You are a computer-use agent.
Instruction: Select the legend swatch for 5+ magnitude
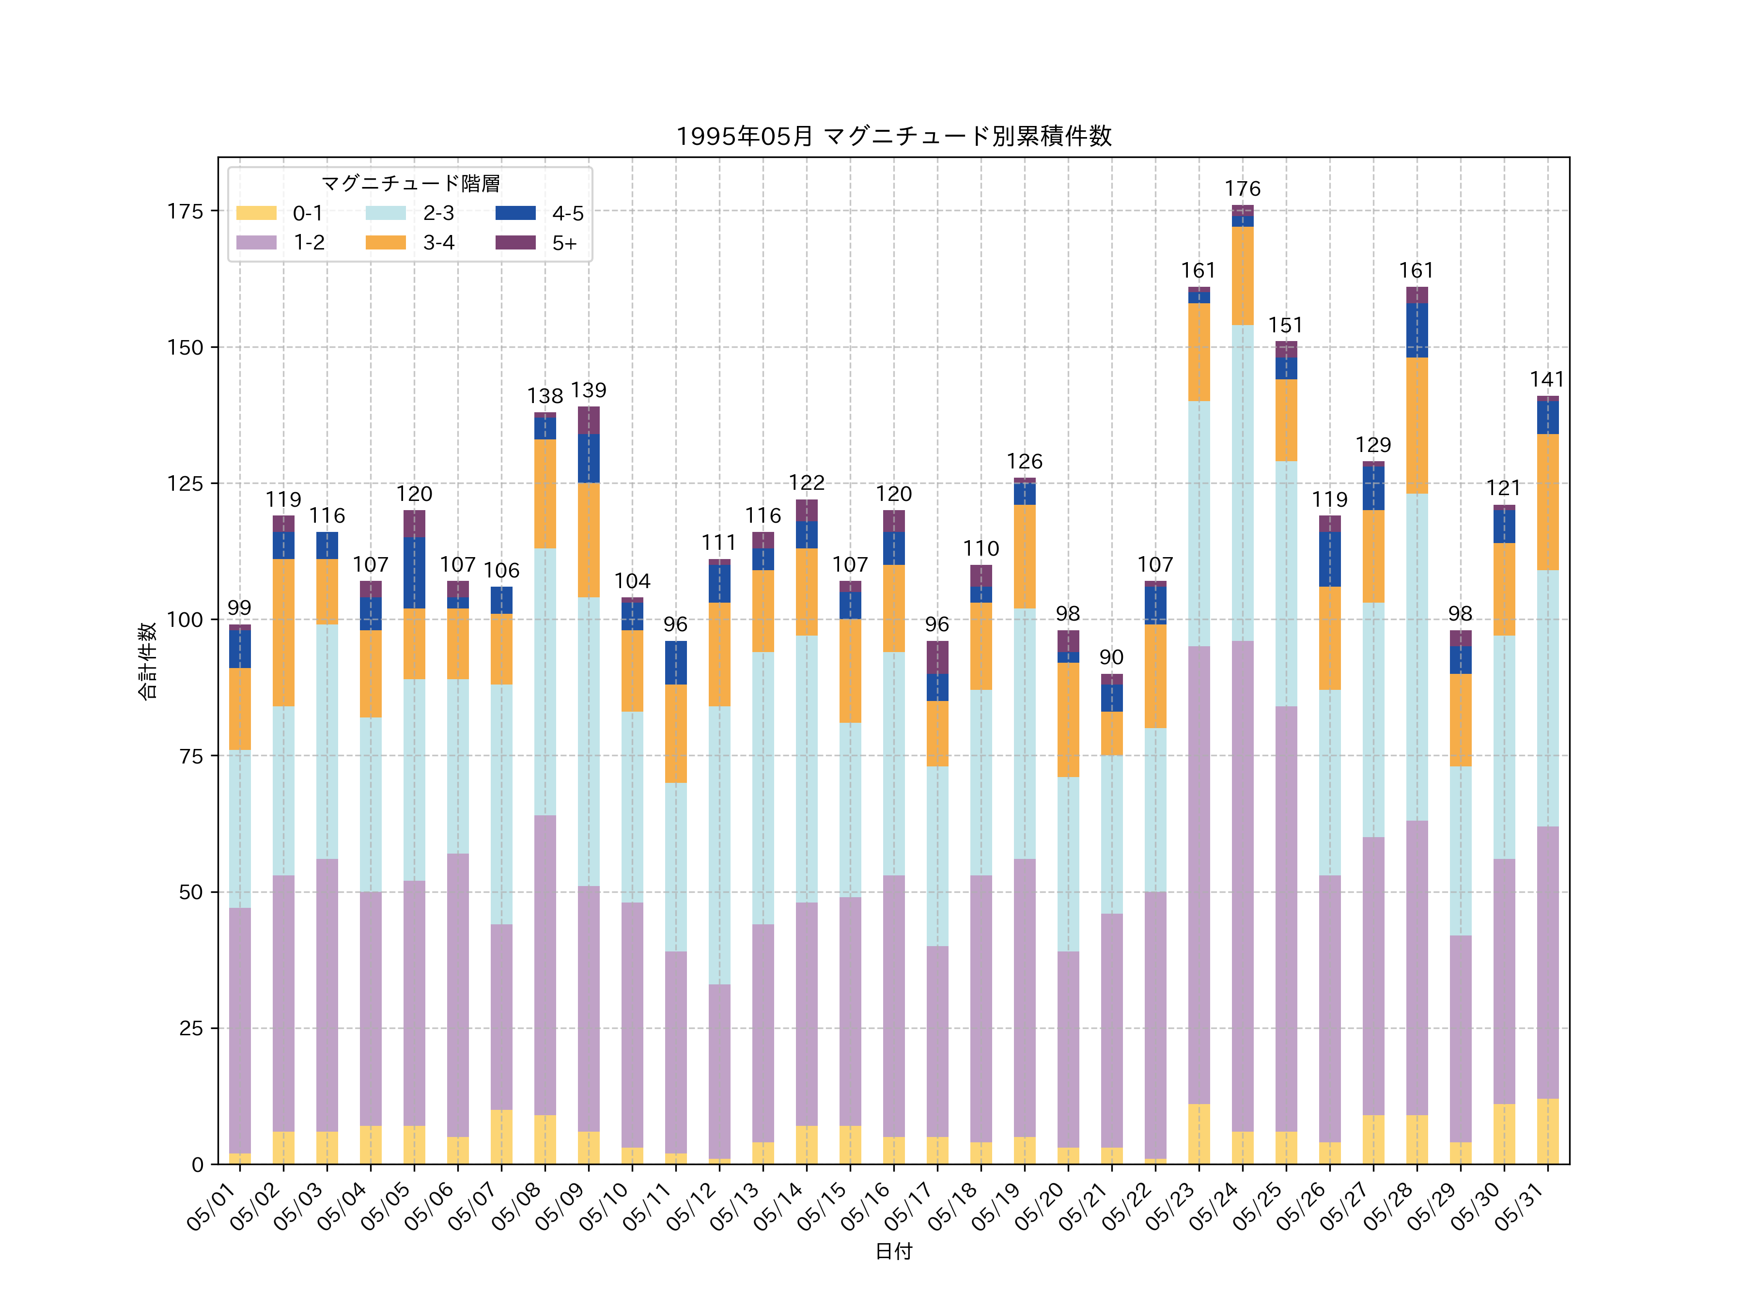515,242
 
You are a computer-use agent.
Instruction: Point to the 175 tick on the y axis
185,211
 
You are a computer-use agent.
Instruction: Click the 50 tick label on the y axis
191,892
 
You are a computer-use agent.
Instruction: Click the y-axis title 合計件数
147,661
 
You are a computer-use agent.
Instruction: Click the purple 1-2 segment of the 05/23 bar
1199,875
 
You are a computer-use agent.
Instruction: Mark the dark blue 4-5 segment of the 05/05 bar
414,573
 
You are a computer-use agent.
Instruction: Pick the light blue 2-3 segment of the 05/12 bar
719,845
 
